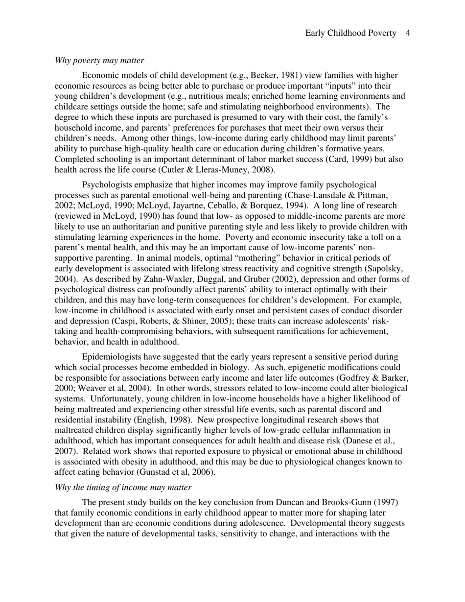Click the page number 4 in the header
[x=408, y=33]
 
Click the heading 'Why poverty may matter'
[x=99, y=61]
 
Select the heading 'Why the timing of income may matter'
[x=123, y=487]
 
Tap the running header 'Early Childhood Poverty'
[x=350, y=33]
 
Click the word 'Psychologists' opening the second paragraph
[x=107, y=185]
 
